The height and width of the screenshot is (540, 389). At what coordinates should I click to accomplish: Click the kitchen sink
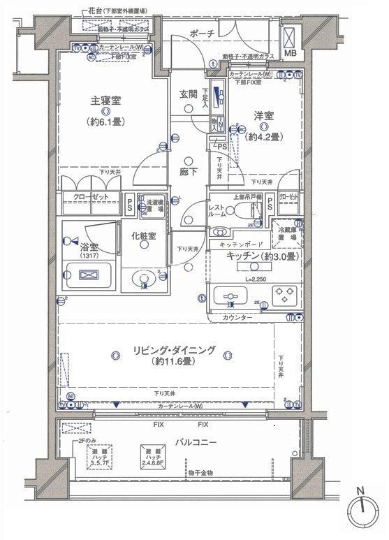tap(230, 297)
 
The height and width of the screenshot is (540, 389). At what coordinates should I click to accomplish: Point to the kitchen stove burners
tap(286, 295)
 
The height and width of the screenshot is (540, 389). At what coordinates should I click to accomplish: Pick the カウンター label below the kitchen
tap(238, 318)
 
